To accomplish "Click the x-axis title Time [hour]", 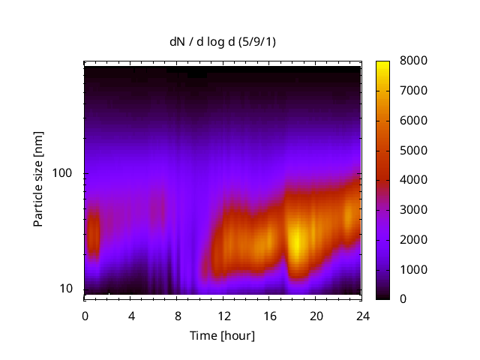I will click(222, 335).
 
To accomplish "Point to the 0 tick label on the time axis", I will click(85, 315).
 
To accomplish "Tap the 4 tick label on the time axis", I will click(131, 315).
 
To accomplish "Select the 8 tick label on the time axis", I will click(178, 315).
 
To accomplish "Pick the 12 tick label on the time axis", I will click(223, 315).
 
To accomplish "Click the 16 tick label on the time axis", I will click(270, 315).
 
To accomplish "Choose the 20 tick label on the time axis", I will click(316, 315).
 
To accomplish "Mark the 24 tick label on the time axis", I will click(363, 315).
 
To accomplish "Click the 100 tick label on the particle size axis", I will click(64, 173).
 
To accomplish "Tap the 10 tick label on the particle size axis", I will click(67, 289).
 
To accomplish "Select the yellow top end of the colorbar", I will click(383, 64).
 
